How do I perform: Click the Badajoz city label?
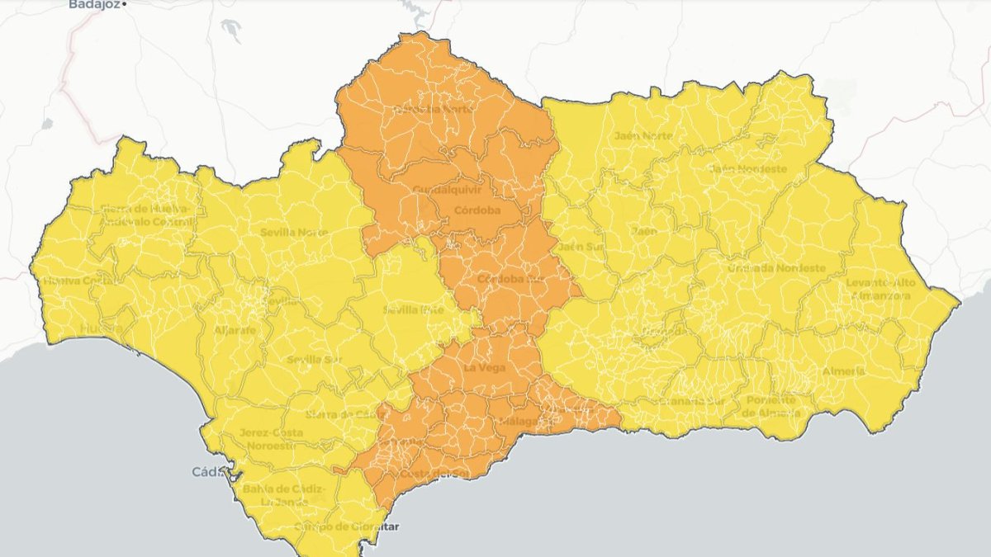[93, 4]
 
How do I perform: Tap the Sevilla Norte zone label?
[294, 233]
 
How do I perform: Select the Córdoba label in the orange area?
[477, 210]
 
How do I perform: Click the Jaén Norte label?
[643, 135]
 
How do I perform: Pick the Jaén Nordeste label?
[747, 169]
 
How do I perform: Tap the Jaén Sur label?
[580, 247]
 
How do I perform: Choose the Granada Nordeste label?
[776, 268]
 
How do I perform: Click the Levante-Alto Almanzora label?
[880, 289]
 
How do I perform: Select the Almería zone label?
[843, 371]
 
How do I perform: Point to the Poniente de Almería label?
[771, 406]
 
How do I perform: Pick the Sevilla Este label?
[413, 310]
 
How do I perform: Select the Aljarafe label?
[235, 329]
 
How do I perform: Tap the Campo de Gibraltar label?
[339, 526]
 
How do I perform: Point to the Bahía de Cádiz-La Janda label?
[282, 495]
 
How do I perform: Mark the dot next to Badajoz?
[124, 5]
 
